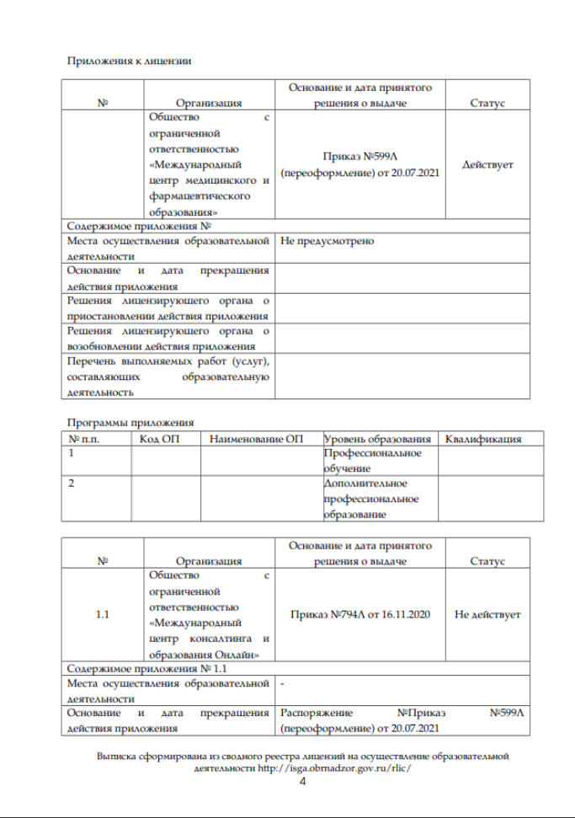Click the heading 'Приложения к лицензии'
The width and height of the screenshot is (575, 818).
pyautogui.click(x=129, y=61)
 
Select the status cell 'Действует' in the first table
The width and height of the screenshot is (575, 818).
pyautogui.click(x=487, y=165)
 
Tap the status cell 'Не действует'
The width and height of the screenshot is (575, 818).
pyautogui.click(x=487, y=614)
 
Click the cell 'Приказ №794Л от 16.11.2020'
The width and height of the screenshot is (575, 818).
pyautogui.click(x=359, y=614)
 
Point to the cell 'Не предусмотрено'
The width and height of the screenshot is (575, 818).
pyautogui.click(x=327, y=242)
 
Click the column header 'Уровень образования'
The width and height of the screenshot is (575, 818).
pyautogui.click(x=377, y=439)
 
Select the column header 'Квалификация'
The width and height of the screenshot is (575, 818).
pyautogui.click(x=483, y=439)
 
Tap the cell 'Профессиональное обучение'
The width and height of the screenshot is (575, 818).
pyautogui.click(x=373, y=460)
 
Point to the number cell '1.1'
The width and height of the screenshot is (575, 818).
pyautogui.click(x=103, y=614)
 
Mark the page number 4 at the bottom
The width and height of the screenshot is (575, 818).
pyautogui.click(x=303, y=782)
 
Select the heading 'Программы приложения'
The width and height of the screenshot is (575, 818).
pyautogui.click(x=130, y=422)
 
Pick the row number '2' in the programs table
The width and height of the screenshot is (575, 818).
pyautogui.click(x=72, y=484)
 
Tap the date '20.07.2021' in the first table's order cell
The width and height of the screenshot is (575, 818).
pyautogui.click(x=413, y=173)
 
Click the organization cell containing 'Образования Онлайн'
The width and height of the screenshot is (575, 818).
pyautogui.click(x=209, y=614)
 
